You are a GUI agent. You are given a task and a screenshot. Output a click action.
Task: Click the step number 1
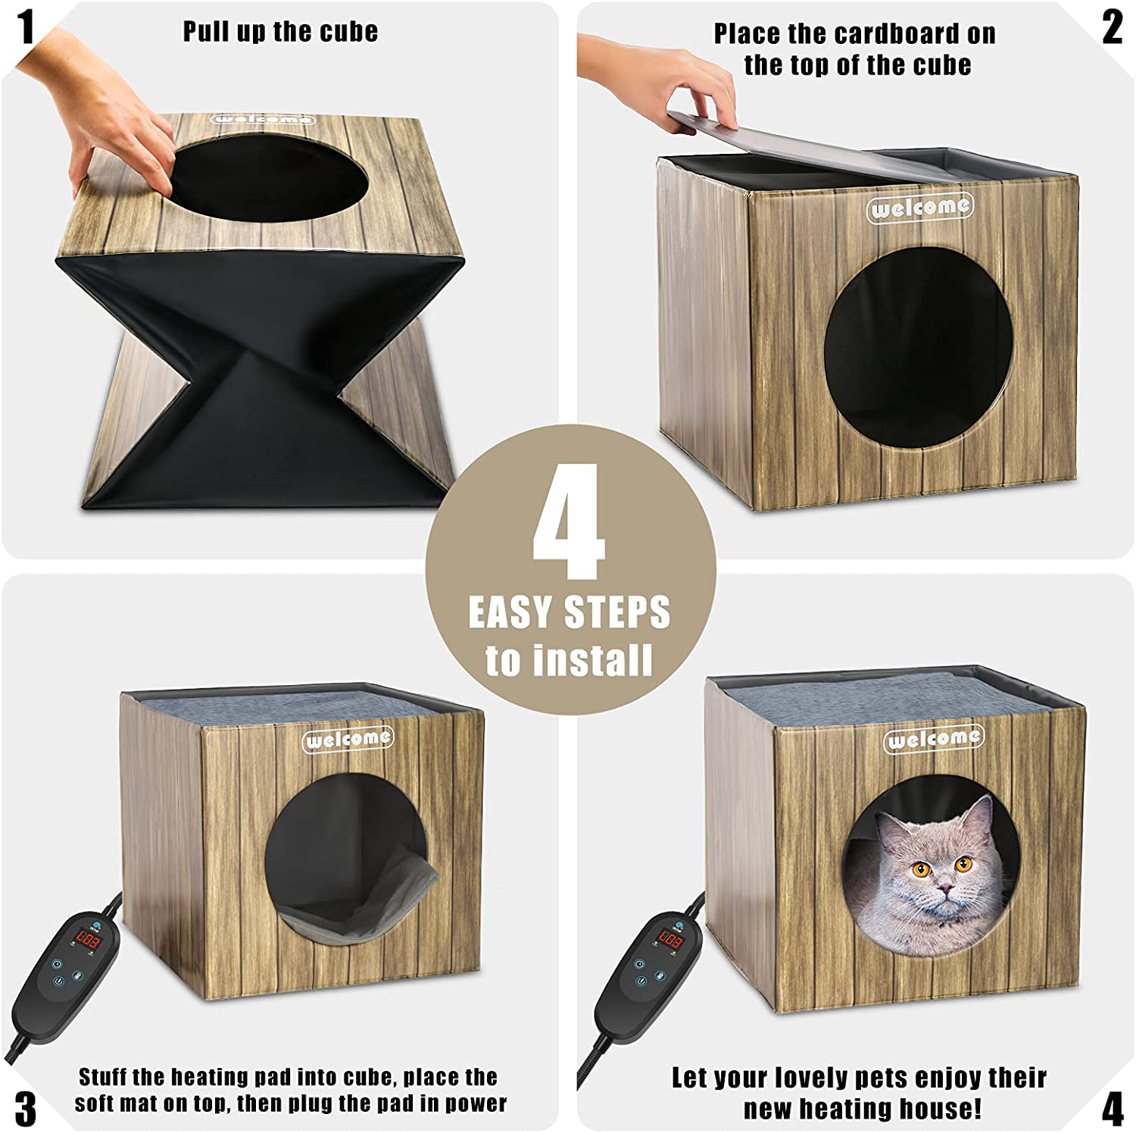coord(27,28)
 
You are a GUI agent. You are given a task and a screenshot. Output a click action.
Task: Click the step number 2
coord(1111,29)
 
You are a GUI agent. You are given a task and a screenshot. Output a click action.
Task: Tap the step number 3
coord(25,1108)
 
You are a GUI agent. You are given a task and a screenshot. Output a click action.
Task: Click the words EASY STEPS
coord(569,612)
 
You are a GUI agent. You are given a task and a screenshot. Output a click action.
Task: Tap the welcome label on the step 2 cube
coord(919,207)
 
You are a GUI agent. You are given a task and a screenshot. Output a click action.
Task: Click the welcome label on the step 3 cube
coord(348,739)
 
